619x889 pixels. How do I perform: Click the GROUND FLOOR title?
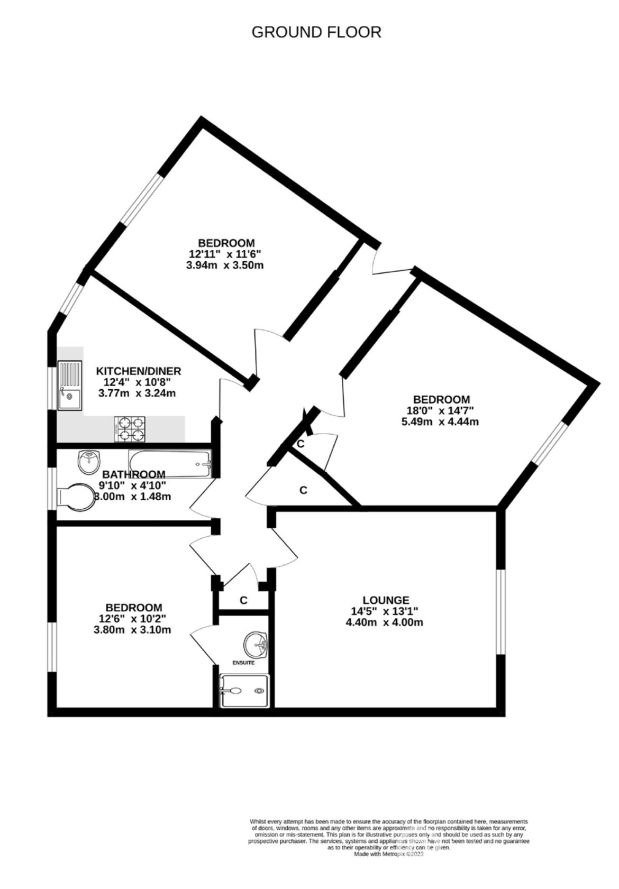tap(316, 32)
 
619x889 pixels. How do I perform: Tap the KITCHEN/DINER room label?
tap(138, 371)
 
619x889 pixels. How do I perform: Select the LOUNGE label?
tap(386, 600)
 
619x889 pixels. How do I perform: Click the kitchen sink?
tap(70, 385)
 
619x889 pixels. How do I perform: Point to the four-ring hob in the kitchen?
tap(130, 428)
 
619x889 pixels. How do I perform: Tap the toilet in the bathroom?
tap(76, 497)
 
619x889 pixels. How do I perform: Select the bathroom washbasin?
tap(89, 462)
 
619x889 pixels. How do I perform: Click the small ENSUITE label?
tap(243, 663)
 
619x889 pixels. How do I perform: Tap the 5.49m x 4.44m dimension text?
tap(440, 421)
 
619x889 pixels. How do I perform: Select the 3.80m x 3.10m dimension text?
tap(132, 629)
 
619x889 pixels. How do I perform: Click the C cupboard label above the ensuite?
tap(243, 600)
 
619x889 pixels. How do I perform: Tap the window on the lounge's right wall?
tap(500, 612)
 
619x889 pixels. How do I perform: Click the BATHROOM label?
tap(134, 474)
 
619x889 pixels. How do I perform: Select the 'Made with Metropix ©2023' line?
tap(388, 854)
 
